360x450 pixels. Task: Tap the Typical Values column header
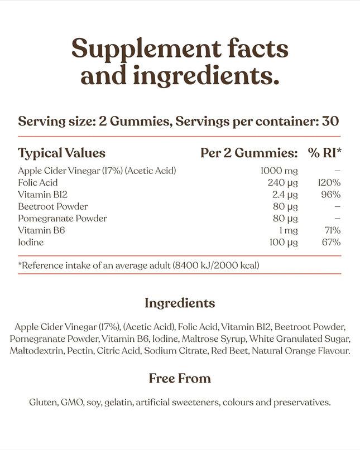pos(61,153)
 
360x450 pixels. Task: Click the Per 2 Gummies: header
pos(248,153)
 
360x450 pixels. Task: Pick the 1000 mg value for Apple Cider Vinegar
pos(279,171)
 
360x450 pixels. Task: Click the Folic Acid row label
pos(38,183)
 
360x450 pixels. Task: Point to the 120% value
pos(328,183)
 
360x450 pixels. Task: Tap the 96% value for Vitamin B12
pos(330,195)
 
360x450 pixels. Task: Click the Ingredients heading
pos(180,303)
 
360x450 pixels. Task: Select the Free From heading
pos(180,379)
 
